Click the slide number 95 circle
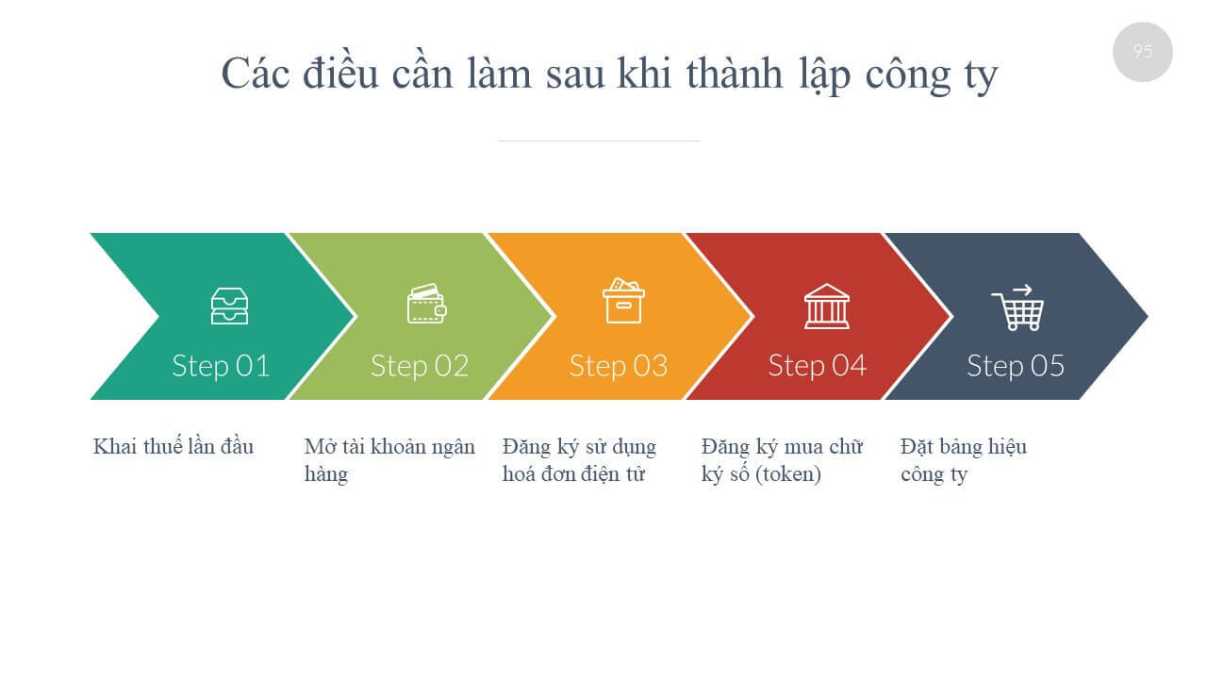(x=1142, y=52)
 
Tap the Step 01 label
(x=221, y=367)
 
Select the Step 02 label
(x=420, y=367)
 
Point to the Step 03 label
(x=619, y=367)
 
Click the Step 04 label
(x=818, y=367)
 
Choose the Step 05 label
(x=1016, y=367)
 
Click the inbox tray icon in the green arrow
(x=229, y=306)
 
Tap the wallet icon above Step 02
(x=427, y=304)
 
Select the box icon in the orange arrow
(x=623, y=301)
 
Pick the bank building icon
(x=827, y=306)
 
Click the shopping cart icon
(x=1017, y=307)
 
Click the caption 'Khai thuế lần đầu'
(x=173, y=447)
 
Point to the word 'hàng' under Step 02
(x=326, y=474)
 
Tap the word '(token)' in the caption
(x=788, y=474)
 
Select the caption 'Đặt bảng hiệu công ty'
(x=964, y=461)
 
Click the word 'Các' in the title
(x=256, y=74)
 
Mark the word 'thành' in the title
(x=735, y=73)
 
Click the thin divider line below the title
(x=599, y=141)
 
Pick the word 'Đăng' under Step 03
(x=526, y=448)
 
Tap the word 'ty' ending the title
(x=981, y=77)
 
